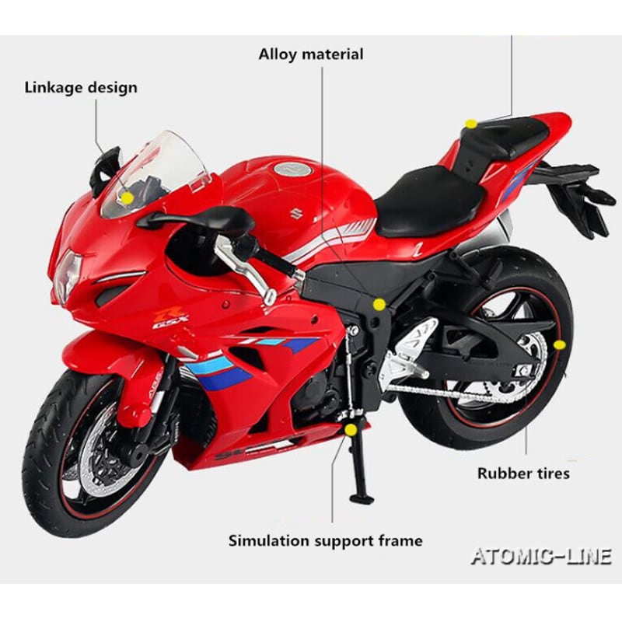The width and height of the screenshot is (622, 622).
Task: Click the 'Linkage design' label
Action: click(80, 87)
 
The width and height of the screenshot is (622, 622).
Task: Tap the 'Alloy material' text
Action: click(311, 54)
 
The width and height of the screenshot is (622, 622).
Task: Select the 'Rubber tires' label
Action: click(523, 473)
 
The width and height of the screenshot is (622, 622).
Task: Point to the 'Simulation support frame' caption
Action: click(326, 540)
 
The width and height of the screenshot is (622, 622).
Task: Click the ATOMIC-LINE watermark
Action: click(541, 555)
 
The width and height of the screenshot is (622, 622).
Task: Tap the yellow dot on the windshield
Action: click(127, 197)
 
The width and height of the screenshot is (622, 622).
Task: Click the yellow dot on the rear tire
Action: click(559, 344)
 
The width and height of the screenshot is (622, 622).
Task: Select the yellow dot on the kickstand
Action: click(351, 429)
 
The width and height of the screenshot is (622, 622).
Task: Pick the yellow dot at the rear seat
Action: click(470, 124)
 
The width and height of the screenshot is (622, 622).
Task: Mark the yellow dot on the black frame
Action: click(379, 304)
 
